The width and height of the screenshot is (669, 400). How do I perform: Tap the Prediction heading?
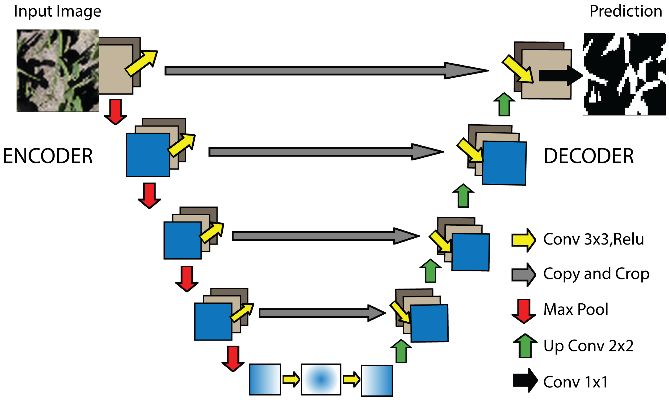pyautogui.click(x=625, y=11)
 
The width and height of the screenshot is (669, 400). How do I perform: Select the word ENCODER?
pyautogui.click(x=48, y=156)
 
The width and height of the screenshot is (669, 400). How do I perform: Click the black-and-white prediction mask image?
pyautogui.click(x=624, y=74)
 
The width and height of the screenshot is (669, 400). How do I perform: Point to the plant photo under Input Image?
pyautogui.click(x=58, y=71)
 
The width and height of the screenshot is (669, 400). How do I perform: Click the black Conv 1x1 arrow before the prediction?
pyautogui.click(x=559, y=76)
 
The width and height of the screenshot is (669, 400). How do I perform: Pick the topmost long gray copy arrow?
pyautogui.click(x=323, y=71)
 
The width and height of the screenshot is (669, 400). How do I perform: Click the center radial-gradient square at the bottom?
pyautogui.click(x=321, y=380)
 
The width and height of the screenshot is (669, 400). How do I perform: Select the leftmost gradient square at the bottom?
pyautogui.click(x=265, y=380)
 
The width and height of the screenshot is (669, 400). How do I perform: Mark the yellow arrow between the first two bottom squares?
pyautogui.click(x=291, y=380)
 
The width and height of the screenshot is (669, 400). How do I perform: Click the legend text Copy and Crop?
pyautogui.click(x=596, y=274)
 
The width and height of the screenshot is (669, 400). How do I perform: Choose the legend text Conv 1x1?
pyautogui.click(x=575, y=382)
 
